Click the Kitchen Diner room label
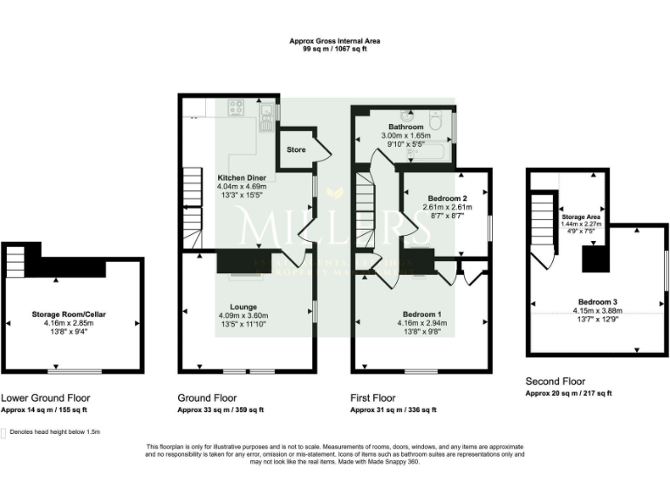(x=242, y=177)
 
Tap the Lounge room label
(x=243, y=307)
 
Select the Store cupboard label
(x=297, y=150)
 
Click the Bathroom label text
(x=406, y=127)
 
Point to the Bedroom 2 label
(x=447, y=198)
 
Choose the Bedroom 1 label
(x=421, y=314)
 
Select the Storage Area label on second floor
(x=579, y=216)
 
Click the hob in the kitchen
(x=236, y=108)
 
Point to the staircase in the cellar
(x=15, y=261)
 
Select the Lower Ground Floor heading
(x=45, y=396)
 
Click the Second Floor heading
(x=556, y=382)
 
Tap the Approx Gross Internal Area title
(x=335, y=41)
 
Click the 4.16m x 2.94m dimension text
(x=421, y=322)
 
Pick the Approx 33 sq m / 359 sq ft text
(x=221, y=410)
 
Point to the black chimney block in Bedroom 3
(x=595, y=259)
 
